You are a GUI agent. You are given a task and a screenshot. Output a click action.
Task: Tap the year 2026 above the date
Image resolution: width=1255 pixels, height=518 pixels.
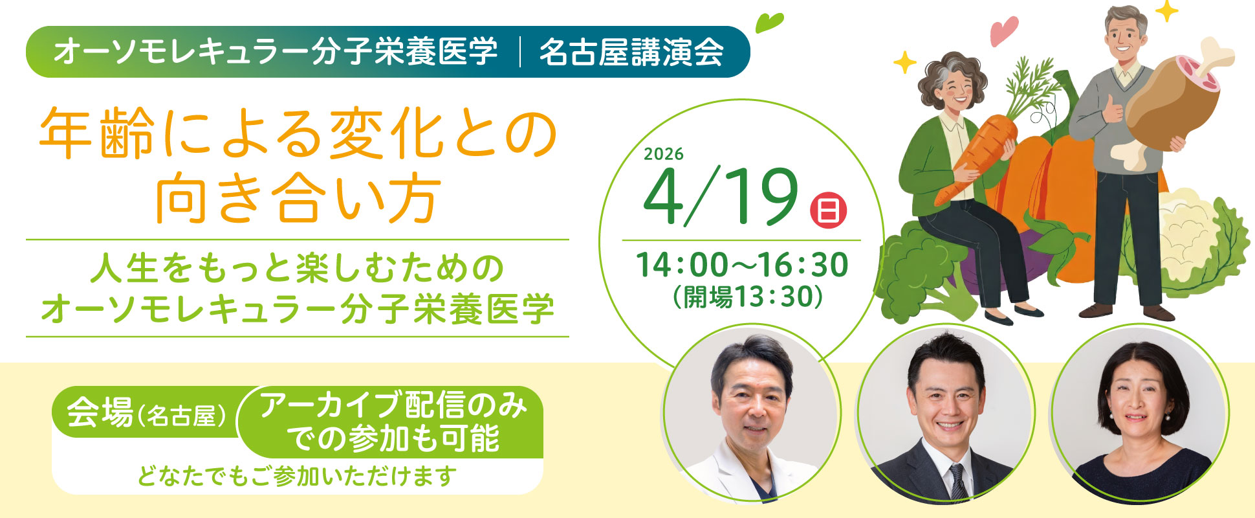(x=664, y=154)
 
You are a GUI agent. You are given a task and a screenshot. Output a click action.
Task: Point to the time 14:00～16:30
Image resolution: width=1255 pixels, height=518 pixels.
(x=741, y=265)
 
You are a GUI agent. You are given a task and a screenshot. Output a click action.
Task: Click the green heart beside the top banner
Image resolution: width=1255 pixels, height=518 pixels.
(x=770, y=23)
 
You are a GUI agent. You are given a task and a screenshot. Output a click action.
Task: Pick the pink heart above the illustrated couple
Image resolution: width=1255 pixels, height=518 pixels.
(x=1003, y=30)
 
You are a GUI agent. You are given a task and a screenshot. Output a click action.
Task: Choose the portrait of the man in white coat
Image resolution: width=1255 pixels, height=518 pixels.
(x=750, y=414)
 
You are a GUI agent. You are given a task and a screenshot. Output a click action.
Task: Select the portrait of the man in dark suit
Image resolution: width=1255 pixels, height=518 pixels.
(x=944, y=414)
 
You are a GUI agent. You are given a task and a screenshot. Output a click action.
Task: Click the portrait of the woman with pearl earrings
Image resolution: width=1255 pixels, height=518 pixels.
(x=1138, y=414)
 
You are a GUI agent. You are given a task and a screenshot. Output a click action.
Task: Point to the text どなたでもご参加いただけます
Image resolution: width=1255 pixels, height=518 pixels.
(x=297, y=477)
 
